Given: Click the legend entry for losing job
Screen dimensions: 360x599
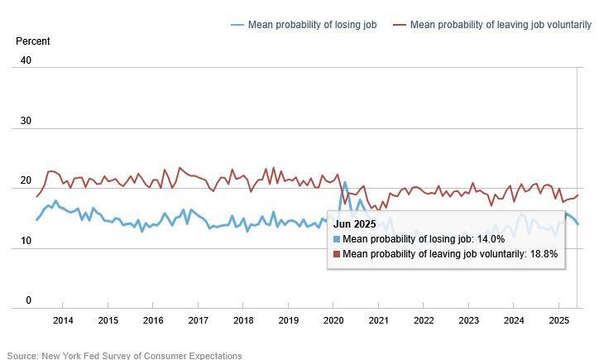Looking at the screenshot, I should click(311, 25).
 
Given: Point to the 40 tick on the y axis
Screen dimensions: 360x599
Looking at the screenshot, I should click(26, 60).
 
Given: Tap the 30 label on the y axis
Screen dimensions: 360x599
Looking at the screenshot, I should click(26, 121).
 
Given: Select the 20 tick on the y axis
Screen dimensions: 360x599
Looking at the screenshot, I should click(26, 181).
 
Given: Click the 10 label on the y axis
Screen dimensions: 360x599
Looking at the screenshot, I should click(26, 241).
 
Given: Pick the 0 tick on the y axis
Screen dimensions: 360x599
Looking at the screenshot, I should click(28, 301).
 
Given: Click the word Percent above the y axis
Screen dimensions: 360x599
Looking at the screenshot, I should click(33, 41).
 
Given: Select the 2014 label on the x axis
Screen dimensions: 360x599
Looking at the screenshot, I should click(63, 320).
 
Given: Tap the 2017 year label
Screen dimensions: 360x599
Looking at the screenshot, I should click(198, 320).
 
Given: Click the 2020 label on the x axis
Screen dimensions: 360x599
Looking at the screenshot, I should click(333, 320).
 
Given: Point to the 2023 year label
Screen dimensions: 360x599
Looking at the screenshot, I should click(468, 320).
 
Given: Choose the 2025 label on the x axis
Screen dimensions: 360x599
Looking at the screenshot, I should click(558, 320).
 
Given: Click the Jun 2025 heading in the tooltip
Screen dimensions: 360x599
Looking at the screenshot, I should click(355, 224).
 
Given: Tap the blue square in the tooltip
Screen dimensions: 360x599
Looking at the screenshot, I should click(337, 239).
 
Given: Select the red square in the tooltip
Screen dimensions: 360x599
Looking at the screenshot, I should click(337, 254).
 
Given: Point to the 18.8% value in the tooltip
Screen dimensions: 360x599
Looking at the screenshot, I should click(544, 254).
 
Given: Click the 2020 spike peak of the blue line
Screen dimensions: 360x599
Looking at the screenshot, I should click(345, 183).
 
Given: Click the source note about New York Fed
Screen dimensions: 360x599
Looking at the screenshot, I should click(124, 355).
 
